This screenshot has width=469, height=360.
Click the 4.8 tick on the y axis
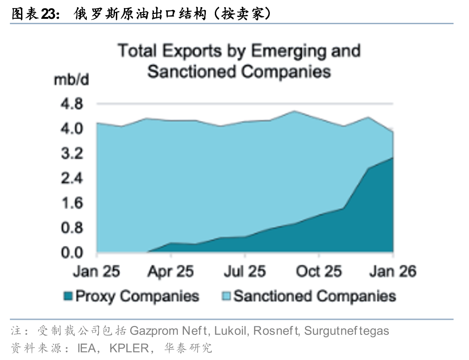72,104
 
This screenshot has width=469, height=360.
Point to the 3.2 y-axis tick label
72,154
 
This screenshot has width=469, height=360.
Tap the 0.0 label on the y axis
72,253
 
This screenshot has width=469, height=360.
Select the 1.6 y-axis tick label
72,203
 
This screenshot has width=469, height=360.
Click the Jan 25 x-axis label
96,271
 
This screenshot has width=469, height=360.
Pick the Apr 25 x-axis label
171,271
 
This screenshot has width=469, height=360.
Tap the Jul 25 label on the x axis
244,271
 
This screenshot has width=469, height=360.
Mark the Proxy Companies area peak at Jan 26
392,158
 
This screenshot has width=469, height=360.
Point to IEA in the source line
87,348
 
